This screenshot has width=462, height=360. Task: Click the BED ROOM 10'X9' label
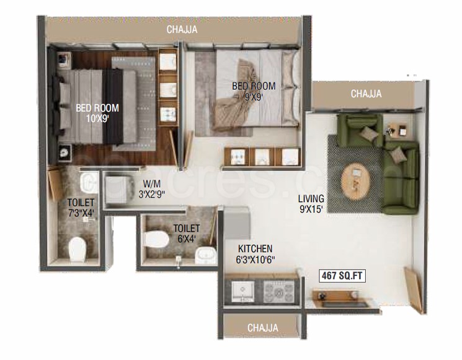point(97,112)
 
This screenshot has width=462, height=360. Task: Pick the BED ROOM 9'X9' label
point(254,91)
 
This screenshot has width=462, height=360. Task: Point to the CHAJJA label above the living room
point(366,94)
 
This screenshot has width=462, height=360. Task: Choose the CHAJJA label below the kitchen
point(262,327)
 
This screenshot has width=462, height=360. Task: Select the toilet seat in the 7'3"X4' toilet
point(78,249)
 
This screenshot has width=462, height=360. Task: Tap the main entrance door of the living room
point(413,289)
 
